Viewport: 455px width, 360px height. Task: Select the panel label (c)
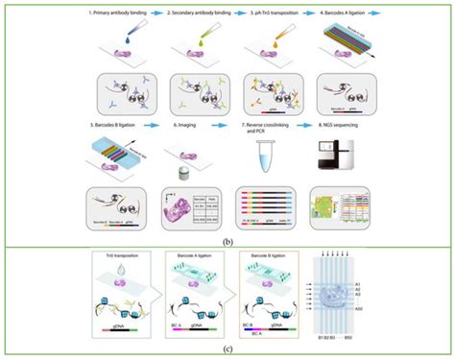point(227,350)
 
